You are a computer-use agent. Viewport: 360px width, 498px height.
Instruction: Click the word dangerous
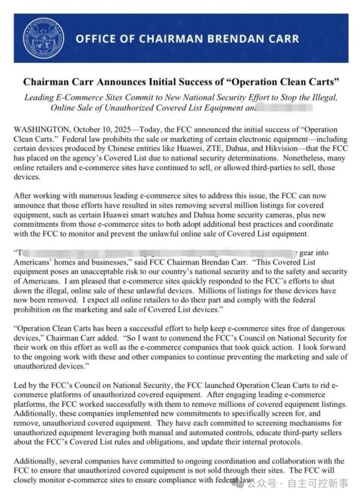pos(329,328)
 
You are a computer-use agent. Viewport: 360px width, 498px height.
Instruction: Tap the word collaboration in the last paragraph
pos(294,460)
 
